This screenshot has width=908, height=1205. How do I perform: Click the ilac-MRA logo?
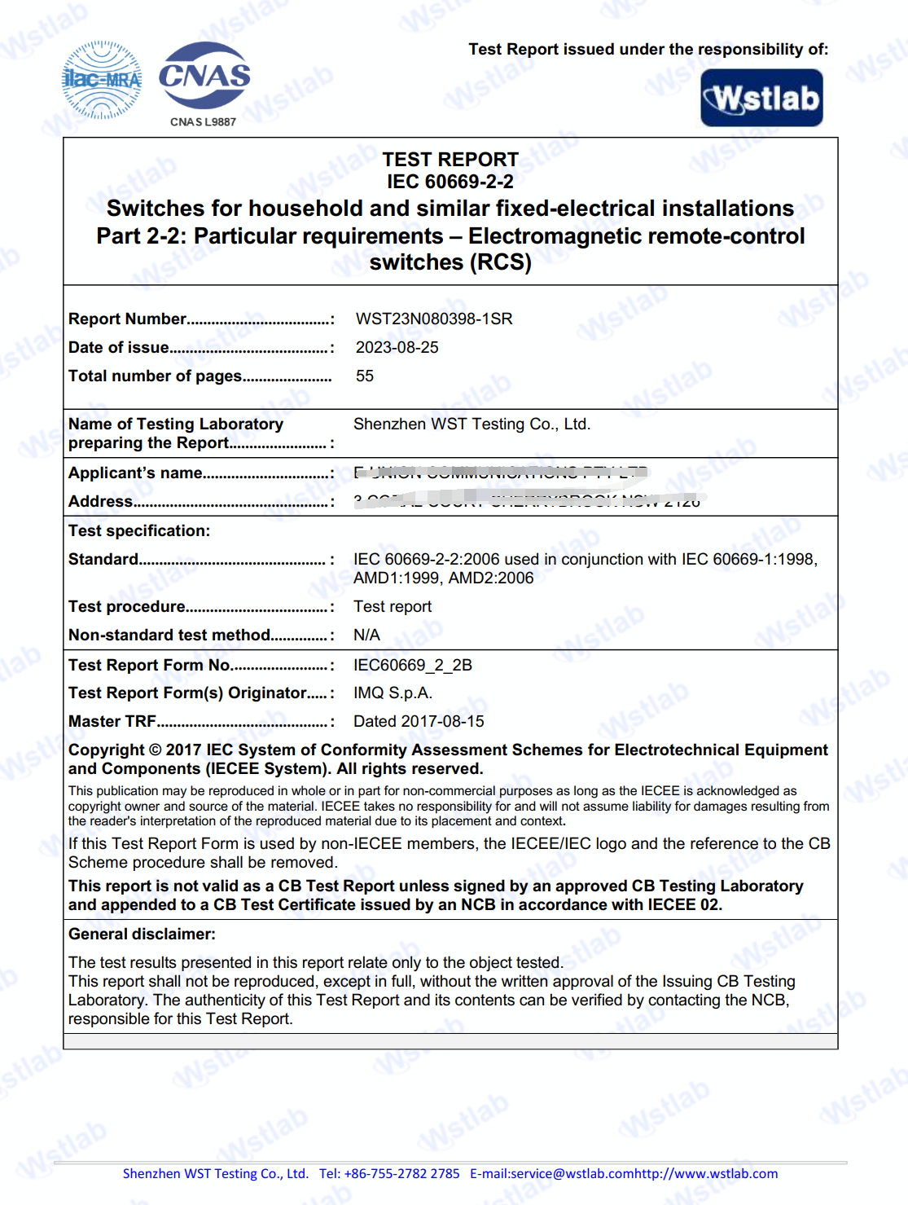click(x=102, y=80)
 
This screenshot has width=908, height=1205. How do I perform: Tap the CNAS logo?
click(x=204, y=76)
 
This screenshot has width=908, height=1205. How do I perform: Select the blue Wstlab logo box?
click(x=761, y=99)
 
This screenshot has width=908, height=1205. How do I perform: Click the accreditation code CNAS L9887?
click(x=203, y=122)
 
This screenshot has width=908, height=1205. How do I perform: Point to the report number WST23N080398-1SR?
click(x=434, y=319)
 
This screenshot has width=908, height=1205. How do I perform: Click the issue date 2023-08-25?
click(x=397, y=347)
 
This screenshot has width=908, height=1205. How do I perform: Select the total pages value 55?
click(x=365, y=376)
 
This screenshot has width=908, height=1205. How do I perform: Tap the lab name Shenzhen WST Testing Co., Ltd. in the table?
click(x=472, y=424)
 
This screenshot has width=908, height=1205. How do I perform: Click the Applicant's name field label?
click(x=135, y=473)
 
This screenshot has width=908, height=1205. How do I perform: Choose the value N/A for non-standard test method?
click(x=366, y=635)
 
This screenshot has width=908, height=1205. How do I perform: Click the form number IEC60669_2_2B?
click(x=412, y=665)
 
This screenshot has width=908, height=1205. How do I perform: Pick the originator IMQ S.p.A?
click(x=393, y=693)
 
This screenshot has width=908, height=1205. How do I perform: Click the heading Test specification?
click(x=139, y=530)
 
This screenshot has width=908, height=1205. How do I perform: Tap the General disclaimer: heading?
click(x=142, y=934)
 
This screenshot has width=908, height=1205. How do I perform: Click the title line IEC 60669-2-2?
click(x=450, y=181)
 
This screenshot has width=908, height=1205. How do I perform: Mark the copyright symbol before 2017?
click(x=155, y=750)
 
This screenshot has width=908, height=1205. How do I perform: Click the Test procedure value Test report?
click(x=393, y=606)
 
